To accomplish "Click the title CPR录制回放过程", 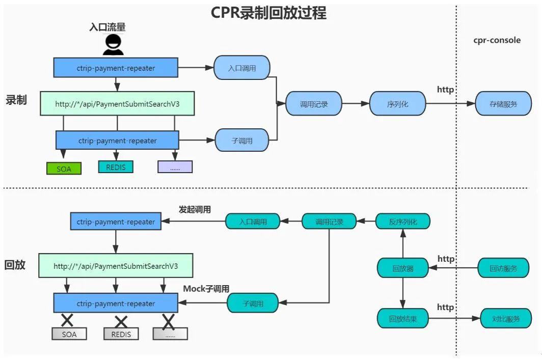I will [x=268, y=13].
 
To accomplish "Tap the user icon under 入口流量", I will [x=113, y=45].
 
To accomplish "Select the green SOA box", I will [x=64, y=169].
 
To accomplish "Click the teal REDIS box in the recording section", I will [x=116, y=167].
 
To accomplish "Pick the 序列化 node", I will [x=398, y=104].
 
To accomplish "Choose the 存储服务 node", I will [x=503, y=104].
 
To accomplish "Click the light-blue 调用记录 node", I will [x=314, y=104].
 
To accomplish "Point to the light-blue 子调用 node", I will [x=242, y=141].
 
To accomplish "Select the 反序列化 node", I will [x=403, y=221].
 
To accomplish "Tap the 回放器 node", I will [x=403, y=268].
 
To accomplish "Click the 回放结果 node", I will [x=403, y=319].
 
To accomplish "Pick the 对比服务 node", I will [x=506, y=319].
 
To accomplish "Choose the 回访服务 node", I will [x=503, y=268].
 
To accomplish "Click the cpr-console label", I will [x=497, y=40].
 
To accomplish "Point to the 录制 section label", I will [x=16, y=100].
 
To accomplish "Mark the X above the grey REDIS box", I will [x=121, y=321].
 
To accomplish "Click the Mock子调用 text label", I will [x=206, y=289].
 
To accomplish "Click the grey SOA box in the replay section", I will [x=69, y=334].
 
